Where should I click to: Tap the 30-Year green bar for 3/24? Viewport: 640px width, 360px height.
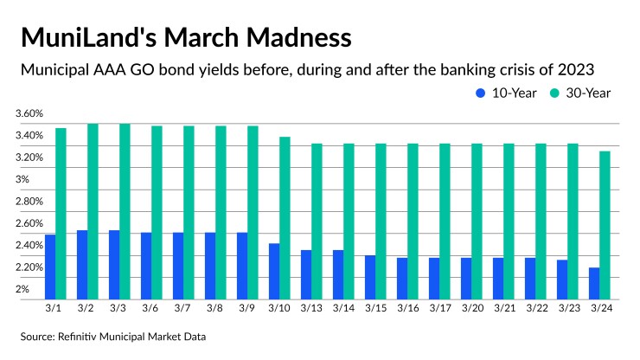pos(605,224)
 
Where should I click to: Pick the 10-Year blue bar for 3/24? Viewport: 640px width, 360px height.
pos(594,282)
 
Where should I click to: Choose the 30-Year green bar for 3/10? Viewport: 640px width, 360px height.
pos(285,216)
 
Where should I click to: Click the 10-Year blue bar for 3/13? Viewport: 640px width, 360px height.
pos(306,273)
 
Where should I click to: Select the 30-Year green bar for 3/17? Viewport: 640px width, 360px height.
pos(445,220)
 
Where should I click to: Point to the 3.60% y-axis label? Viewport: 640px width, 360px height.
pos(29,114)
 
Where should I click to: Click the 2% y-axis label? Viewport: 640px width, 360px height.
pos(22,289)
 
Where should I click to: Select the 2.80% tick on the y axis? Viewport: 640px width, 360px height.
pos(29,202)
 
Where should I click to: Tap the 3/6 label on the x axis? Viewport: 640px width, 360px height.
pos(151,307)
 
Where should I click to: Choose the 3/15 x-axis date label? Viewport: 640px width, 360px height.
pos(375,307)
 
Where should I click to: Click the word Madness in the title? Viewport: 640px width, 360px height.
pos(292,38)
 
